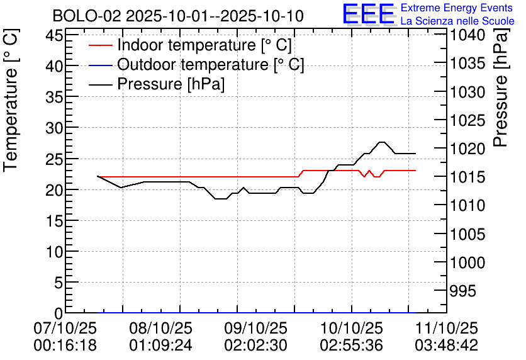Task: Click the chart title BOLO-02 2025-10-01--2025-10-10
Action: click(x=178, y=15)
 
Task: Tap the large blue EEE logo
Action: click(x=368, y=14)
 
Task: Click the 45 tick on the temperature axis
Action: click(x=53, y=35)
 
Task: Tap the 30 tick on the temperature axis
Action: click(x=53, y=128)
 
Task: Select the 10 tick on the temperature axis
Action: click(x=53, y=252)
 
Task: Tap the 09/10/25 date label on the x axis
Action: click(x=255, y=329)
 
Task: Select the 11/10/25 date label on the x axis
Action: click(x=446, y=329)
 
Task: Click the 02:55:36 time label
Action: click(x=351, y=346)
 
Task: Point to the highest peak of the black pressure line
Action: click(x=381, y=142)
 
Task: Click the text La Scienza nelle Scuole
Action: click(x=457, y=21)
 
